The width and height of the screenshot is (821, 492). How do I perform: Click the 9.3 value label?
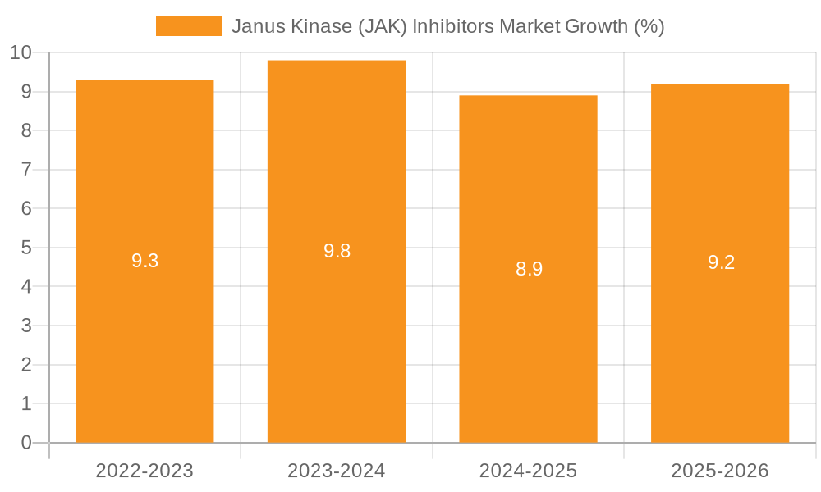(x=144, y=261)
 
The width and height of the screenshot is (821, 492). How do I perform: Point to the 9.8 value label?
(x=337, y=251)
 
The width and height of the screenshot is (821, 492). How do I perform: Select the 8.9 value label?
(x=529, y=269)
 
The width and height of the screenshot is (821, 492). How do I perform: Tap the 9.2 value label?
(x=721, y=262)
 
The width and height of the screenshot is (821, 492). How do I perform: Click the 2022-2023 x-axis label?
(x=144, y=471)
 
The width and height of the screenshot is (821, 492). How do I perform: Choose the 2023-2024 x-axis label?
(x=337, y=471)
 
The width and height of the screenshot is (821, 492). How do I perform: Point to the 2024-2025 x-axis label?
(x=528, y=471)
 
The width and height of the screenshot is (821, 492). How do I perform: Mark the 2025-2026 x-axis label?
(x=720, y=471)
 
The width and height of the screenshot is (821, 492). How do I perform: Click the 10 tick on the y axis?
(x=21, y=53)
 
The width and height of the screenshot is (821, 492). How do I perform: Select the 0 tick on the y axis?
(x=26, y=443)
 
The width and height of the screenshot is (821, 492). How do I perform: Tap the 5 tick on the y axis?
(x=26, y=248)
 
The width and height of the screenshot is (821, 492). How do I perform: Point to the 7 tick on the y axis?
(x=26, y=170)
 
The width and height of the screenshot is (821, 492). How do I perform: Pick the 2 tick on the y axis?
(x=26, y=365)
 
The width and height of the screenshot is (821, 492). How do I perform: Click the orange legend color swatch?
(x=188, y=26)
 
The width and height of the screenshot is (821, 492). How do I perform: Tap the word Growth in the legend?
(x=598, y=26)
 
